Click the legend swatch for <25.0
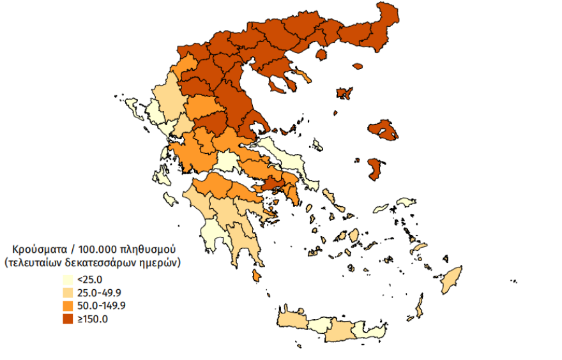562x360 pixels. tap(67, 280)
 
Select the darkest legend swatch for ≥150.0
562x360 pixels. tap(67, 319)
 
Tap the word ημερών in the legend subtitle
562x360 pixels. tap(158, 262)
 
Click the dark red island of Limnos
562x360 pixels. tap(344, 94)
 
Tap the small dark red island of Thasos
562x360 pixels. tap(357, 65)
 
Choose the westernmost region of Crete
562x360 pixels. tap(294, 319)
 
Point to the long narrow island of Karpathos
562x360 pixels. tap(420, 306)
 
